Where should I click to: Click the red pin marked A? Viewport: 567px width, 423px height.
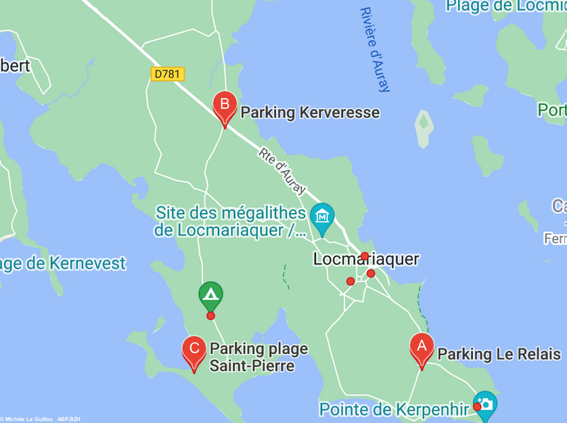(x=422, y=349)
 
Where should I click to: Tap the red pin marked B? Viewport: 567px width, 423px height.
(x=225, y=106)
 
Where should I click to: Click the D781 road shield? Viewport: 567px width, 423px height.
(x=167, y=73)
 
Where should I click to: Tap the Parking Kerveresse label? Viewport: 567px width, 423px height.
(x=310, y=112)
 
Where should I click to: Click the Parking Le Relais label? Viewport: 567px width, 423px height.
(x=499, y=354)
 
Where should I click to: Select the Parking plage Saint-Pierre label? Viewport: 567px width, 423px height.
(x=258, y=357)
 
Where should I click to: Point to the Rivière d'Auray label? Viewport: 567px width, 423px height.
(x=376, y=49)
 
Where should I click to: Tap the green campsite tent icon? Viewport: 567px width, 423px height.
(x=210, y=294)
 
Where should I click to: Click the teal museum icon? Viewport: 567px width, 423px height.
(x=322, y=217)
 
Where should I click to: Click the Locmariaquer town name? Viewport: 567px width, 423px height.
(x=366, y=259)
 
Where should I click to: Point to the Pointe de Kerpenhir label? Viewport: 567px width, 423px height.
(x=394, y=409)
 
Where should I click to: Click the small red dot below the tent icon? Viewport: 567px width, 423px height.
(x=210, y=315)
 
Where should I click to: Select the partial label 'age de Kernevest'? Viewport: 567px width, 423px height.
(x=63, y=263)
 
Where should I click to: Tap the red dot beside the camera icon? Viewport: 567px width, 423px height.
(x=477, y=407)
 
